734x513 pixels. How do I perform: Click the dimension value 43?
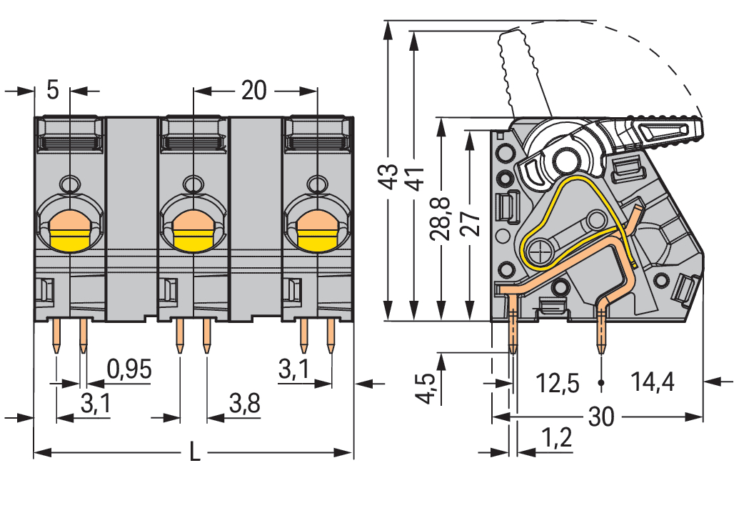[x=387, y=177]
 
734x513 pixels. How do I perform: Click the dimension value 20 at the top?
[x=253, y=91]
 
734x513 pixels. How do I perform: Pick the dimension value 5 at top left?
[x=52, y=91]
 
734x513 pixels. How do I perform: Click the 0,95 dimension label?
[x=129, y=369]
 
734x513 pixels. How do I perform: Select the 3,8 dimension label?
[x=244, y=404]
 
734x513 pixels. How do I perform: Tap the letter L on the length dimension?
[x=193, y=452]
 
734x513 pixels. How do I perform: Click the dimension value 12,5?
[x=558, y=384]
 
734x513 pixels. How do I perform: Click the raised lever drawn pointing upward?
[x=525, y=71]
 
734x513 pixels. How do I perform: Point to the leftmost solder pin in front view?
[x=56, y=336]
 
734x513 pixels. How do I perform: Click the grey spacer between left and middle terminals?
[x=132, y=214]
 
